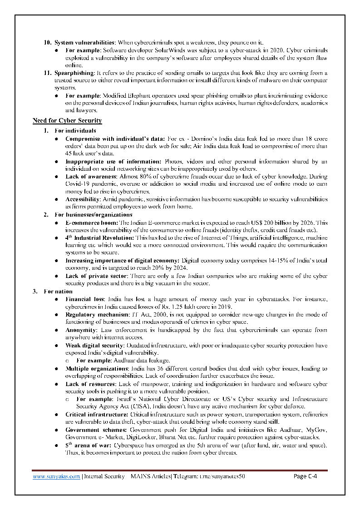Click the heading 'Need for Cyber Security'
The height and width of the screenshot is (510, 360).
(67, 121)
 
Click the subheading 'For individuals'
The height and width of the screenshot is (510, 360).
(75, 131)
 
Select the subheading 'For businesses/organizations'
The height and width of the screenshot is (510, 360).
(93, 214)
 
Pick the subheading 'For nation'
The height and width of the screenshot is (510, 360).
(58, 292)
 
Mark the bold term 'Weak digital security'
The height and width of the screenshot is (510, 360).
(93, 345)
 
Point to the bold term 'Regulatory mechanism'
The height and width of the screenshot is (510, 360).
(96, 315)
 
